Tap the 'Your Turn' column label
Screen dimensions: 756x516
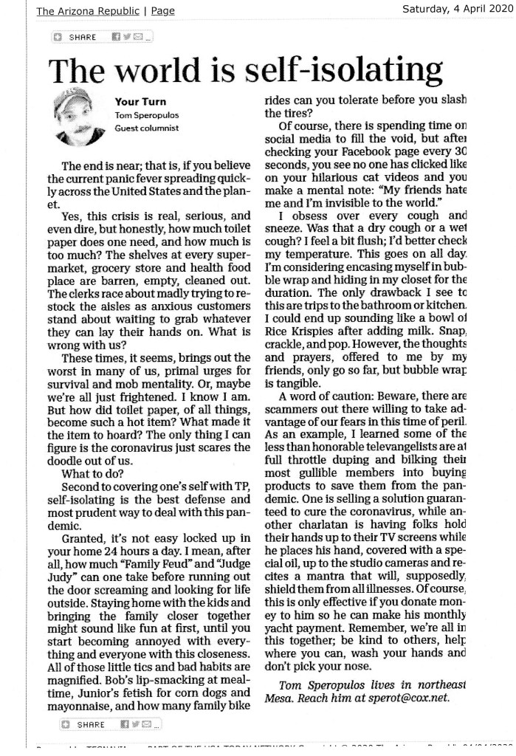pos(140,102)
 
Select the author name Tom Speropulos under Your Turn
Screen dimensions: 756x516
pos(145,115)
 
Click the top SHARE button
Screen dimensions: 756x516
pos(77,36)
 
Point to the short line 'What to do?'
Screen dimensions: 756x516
pos(92,474)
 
